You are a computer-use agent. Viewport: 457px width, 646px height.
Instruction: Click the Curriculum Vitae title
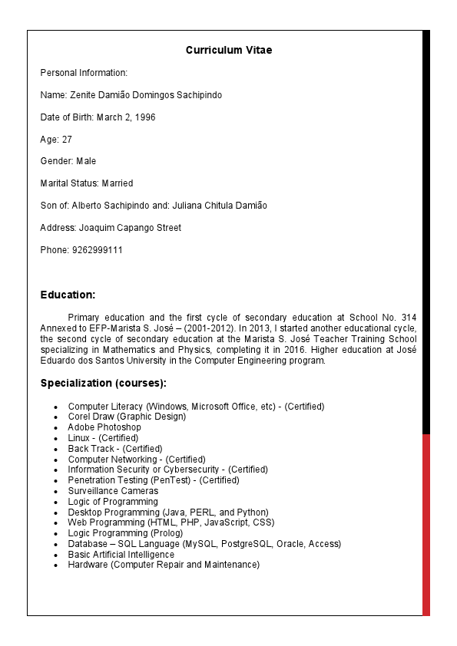pos(229,51)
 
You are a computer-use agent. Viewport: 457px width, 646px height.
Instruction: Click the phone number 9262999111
pos(98,250)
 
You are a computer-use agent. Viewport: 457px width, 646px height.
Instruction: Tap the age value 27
pos(67,140)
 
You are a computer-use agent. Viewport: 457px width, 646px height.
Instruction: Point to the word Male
pos(86,161)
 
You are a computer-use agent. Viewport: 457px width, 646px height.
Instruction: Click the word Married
pos(118,183)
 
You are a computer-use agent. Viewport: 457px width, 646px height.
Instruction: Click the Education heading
pos(68,295)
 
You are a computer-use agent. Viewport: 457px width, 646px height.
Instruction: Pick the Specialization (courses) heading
pos(103,383)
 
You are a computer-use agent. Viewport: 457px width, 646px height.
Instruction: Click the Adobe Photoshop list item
pos(104,427)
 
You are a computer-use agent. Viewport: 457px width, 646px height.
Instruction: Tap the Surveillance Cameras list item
pos(113,491)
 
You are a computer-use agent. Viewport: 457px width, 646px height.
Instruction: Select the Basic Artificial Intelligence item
pos(121,555)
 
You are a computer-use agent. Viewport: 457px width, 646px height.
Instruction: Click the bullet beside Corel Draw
pos(56,417)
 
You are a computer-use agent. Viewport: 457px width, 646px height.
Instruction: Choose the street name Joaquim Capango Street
pos(131,228)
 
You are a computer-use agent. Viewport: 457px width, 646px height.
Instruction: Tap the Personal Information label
pos(84,73)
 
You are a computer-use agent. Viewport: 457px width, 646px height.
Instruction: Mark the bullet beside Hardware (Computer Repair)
pos(56,565)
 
